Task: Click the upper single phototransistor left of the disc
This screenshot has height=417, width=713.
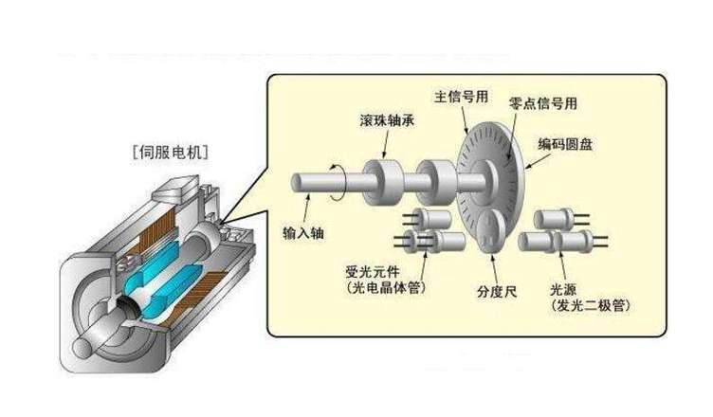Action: [x=437, y=217]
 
